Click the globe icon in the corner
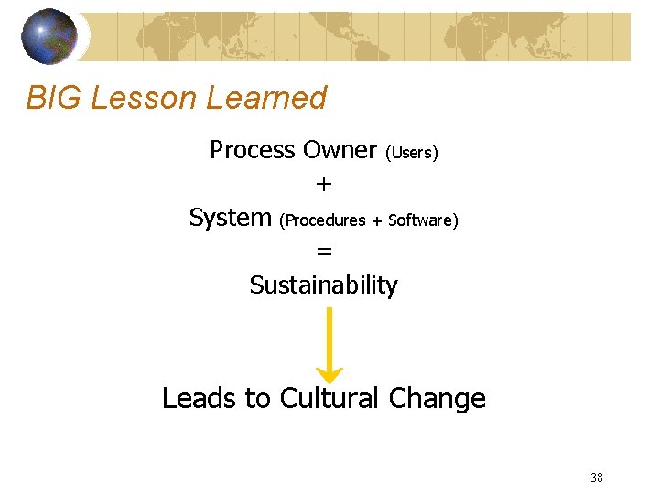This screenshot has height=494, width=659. [50, 37]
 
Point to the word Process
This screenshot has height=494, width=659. [251, 149]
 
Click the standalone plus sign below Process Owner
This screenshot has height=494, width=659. [323, 184]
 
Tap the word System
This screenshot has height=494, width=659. [230, 218]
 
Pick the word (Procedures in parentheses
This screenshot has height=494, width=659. [322, 220]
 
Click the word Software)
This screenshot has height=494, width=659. [423, 220]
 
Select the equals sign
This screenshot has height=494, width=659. [323, 252]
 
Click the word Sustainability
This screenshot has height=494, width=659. [323, 285]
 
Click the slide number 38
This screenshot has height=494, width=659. [597, 477]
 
